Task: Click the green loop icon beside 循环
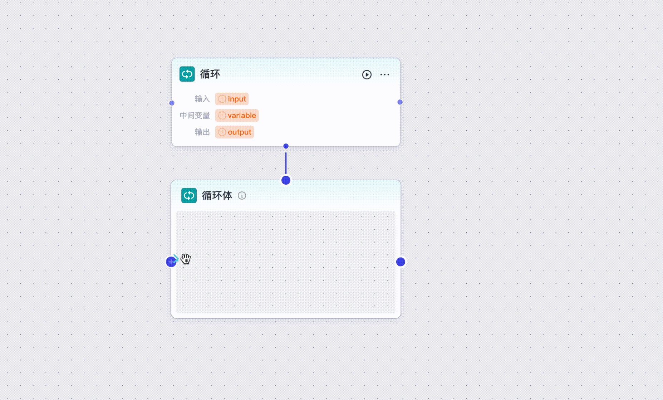187,74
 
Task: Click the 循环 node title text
210,74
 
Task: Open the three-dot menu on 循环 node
384,74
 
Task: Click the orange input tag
232,99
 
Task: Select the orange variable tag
237,116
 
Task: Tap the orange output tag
235,132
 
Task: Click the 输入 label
202,99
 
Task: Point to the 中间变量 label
195,116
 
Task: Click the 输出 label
202,132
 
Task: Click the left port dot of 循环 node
172,103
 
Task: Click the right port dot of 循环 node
400,102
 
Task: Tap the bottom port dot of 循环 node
286,146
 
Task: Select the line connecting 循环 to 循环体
286,163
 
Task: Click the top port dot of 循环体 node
286,180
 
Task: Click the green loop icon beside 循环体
189,195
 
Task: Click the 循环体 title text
217,195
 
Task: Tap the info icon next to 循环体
242,195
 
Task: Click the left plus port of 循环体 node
171,262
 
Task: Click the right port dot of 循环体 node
401,262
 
